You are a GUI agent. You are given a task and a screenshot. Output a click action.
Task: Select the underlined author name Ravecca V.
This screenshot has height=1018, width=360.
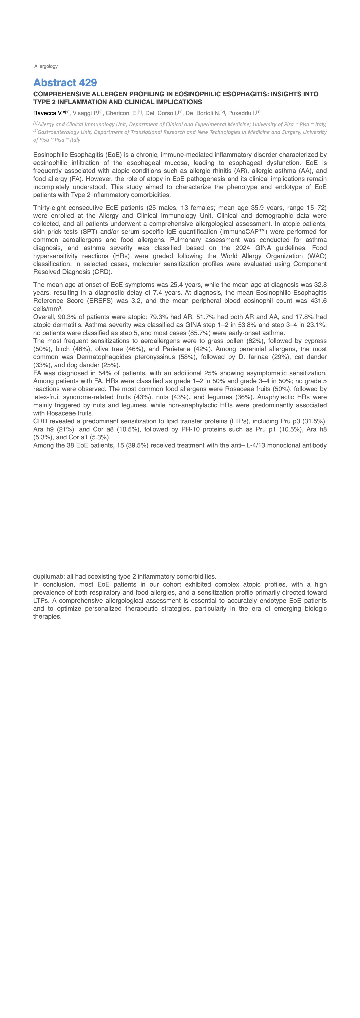(x=49, y=113)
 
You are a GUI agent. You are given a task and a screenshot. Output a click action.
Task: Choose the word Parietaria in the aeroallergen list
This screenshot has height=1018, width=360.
(x=177, y=349)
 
